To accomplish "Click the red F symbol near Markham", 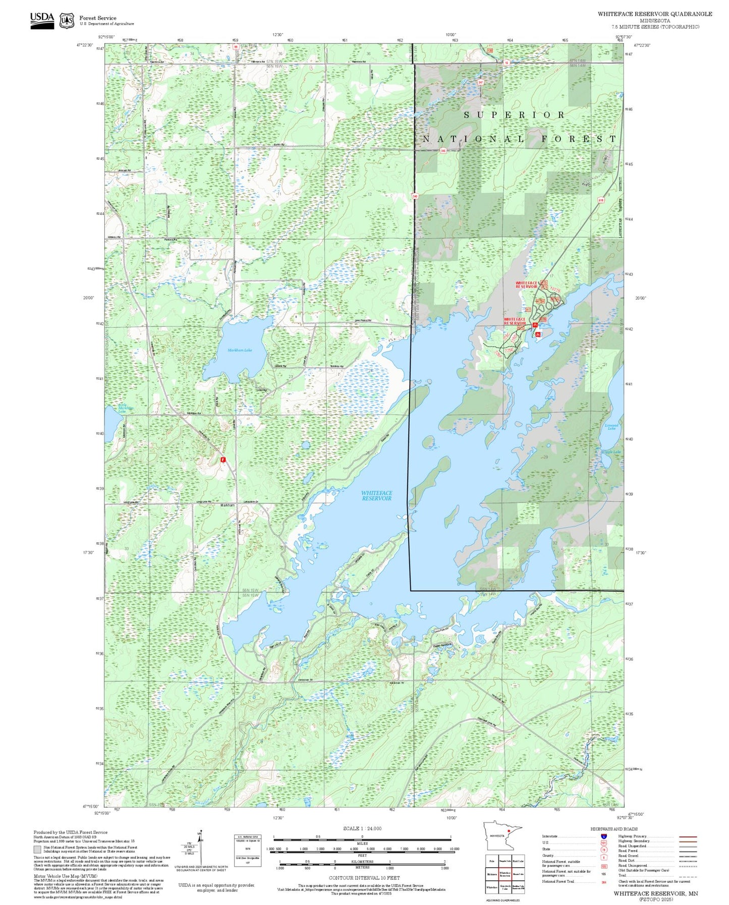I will (222, 460).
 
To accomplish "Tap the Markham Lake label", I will (240, 350).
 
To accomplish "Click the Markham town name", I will (227, 505).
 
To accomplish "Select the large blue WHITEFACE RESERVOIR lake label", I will (376, 495).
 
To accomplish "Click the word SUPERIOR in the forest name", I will (514, 116).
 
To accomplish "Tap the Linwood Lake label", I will (611, 427).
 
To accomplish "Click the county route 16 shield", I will (507, 63).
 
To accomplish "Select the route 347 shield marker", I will (480, 82).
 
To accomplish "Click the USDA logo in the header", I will (42, 20).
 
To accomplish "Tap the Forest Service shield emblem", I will (66, 21).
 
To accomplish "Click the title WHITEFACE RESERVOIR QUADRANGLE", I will (655, 14).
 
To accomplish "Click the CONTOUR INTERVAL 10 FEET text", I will (364, 878).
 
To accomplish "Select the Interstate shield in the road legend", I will (604, 836).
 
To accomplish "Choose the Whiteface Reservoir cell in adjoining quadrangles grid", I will (504, 874).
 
